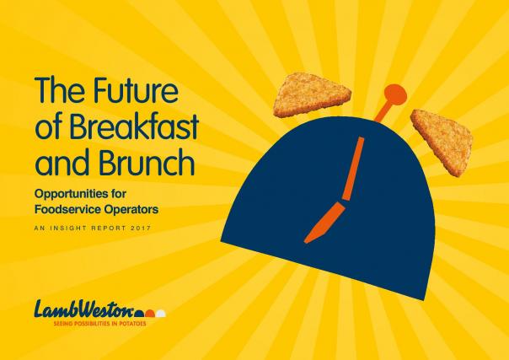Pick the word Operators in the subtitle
pos(131,211)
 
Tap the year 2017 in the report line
pos(142,228)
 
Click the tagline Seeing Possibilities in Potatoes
pos(99,324)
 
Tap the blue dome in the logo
pos(139,314)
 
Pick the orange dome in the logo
pos(150,314)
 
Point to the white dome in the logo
pos(161,314)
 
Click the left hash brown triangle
pos(310,95)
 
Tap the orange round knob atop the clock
pos(395,94)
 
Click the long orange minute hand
pos(353,169)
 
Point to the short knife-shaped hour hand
pos(324,223)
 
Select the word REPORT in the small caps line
pos(109,228)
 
